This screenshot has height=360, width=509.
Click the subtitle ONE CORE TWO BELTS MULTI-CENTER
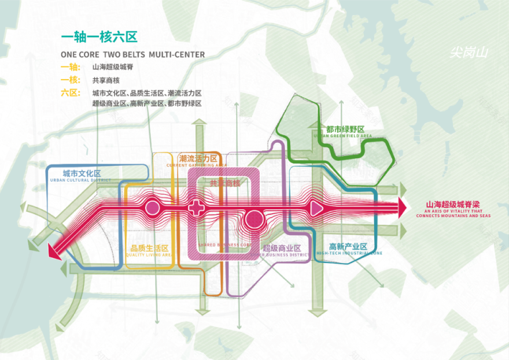click(132, 54)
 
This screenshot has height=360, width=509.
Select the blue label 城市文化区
click(82, 173)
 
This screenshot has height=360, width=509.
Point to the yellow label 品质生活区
click(149, 247)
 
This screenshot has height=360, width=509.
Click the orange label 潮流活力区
click(198, 158)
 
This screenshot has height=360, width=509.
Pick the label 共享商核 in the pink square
click(224, 183)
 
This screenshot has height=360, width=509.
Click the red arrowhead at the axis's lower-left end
click(53, 250)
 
